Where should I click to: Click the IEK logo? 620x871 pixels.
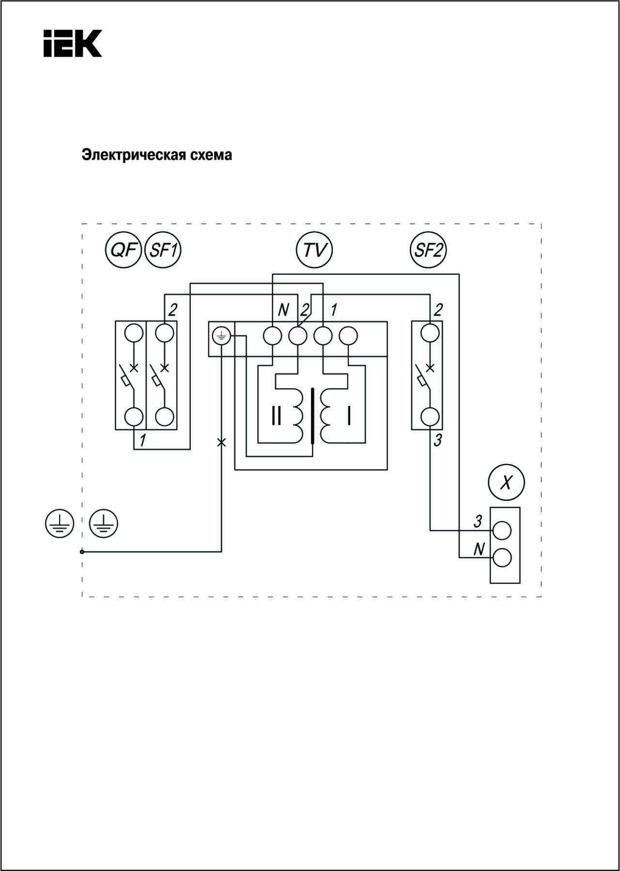click(x=73, y=43)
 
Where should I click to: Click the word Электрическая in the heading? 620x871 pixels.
click(x=129, y=155)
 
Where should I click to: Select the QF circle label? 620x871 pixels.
click(x=124, y=250)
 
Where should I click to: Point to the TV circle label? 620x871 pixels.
click(x=314, y=250)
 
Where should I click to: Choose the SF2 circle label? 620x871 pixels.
click(x=428, y=250)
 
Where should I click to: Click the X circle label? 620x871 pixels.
click(x=506, y=482)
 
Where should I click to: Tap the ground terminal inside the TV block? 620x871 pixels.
click(x=221, y=335)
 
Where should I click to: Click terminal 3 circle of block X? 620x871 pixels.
click(x=502, y=530)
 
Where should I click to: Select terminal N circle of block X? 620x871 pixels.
click(x=502, y=558)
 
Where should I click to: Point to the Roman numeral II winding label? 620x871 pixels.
click(x=276, y=416)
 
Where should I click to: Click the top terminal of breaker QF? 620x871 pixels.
click(x=134, y=333)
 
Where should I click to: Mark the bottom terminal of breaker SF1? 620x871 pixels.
click(x=165, y=417)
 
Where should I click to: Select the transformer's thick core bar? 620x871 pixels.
click(x=313, y=416)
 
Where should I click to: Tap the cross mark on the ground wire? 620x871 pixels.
click(x=221, y=442)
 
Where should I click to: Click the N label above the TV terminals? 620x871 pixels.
click(x=284, y=310)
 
